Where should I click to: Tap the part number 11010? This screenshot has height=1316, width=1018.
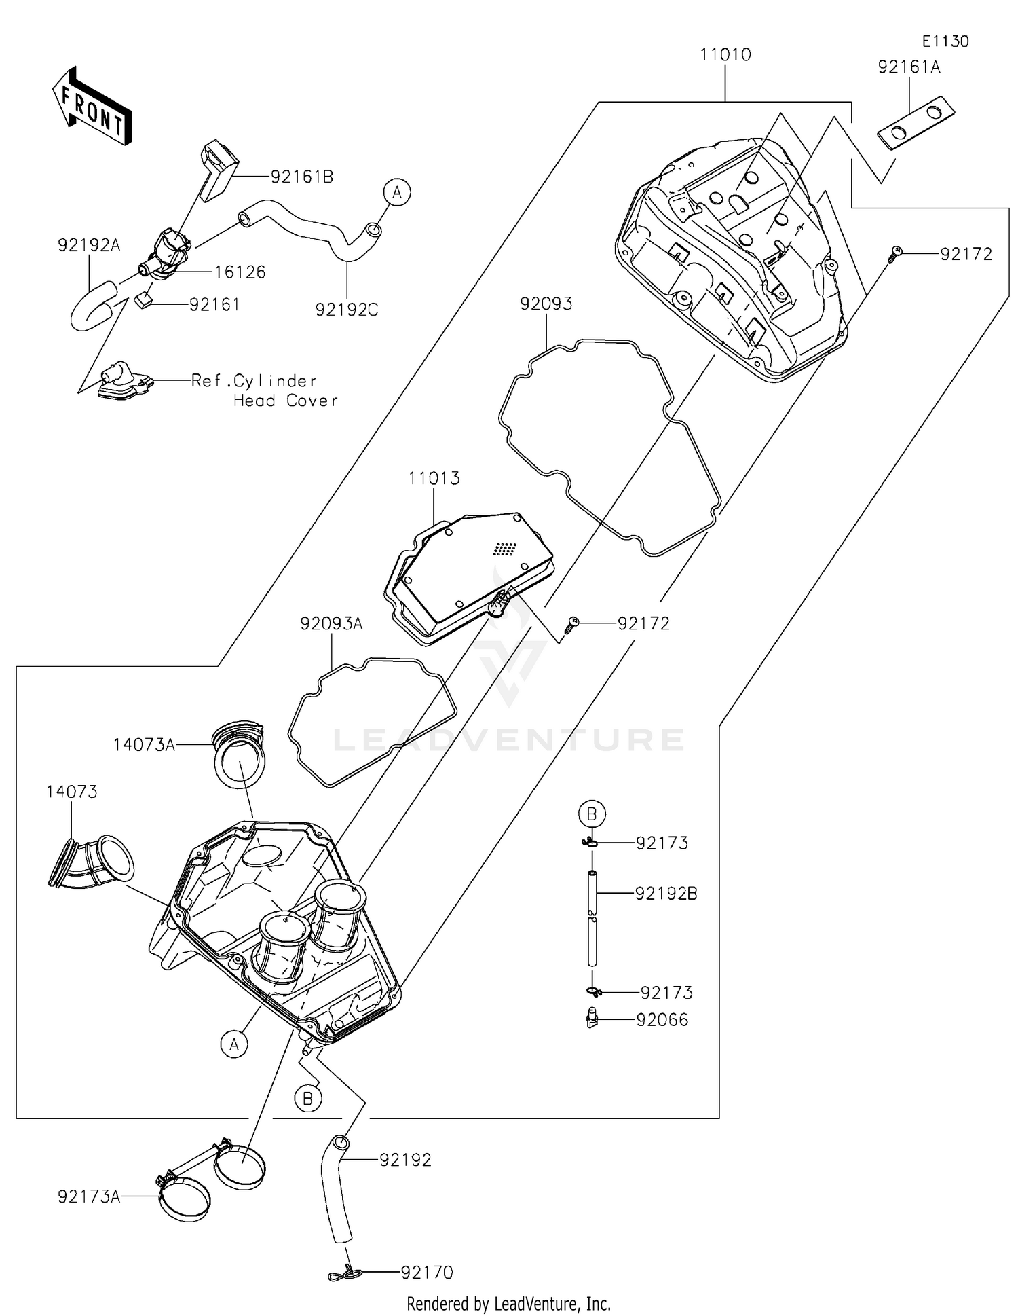(x=725, y=55)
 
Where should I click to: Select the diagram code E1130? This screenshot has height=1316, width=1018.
(x=945, y=41)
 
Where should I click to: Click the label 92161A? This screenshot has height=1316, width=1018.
(x=909, y=67)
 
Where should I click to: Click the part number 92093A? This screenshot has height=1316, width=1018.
(x=331, y=623)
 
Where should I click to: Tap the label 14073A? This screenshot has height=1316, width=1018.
(x=144, y=745)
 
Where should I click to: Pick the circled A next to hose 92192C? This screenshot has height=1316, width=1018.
(x=397, y=192)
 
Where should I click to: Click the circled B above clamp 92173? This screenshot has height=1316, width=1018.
(x=592, y=813)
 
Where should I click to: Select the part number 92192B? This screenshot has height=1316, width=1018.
(x=666, y=894)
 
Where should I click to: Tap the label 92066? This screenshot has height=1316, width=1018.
(x=662, y=1020)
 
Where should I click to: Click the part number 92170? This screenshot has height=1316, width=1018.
(x=427, y=1272)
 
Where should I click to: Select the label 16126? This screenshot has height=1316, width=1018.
(x=240, y=272)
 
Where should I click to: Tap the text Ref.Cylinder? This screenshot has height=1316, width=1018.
(x=253, y=381)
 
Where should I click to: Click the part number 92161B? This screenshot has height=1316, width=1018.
(x=301, y=177)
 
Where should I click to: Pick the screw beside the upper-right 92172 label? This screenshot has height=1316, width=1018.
(x=894, y=254)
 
